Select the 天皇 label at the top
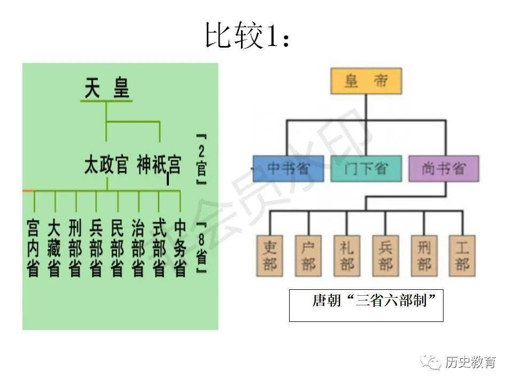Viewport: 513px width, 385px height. [x=107, y=89]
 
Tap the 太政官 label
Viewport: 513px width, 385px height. [x=106, y=164]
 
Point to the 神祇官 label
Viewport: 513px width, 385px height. [x=159, y=164]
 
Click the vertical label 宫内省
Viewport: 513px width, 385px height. [x=33, y=248]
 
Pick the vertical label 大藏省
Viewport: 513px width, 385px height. [x=54, y=248]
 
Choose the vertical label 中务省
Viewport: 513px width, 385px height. [x=180, y=248]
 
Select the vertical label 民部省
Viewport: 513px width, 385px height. [x=117, y=248]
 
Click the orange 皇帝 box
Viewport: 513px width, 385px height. [x=366, y=82]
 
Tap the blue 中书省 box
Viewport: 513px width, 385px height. [x=288, y=169]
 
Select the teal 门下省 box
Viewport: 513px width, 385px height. [x=366, y=169]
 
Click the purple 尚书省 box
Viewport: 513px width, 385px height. [x=444, y=169]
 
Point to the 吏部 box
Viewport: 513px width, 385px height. [x=270, y=256]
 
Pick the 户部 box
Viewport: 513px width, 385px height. [x=308, y=256]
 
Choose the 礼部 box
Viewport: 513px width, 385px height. [x=347, y=256]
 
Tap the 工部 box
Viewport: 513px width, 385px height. [x=462, y=256]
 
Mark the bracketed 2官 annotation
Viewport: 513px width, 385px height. [x=201, y=159]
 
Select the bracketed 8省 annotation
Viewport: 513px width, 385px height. [x=201, y=248]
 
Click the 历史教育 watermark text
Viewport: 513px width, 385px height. [x=470, y=362]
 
